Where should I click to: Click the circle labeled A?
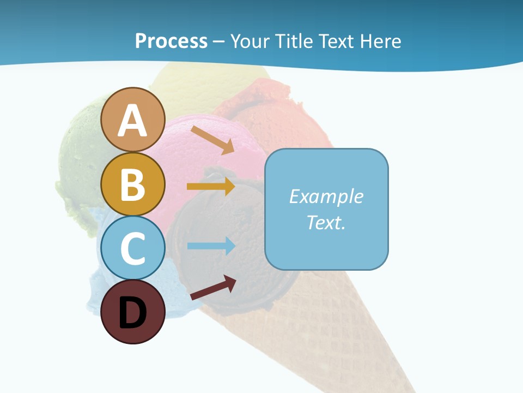132,120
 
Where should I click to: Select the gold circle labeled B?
132,184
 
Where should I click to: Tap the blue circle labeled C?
132,248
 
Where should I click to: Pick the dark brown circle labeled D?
132,312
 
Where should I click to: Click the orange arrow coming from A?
212,140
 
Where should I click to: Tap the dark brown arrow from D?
213,288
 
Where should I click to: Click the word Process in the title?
171,41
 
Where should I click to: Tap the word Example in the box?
326,196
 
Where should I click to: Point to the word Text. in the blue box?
326,222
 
